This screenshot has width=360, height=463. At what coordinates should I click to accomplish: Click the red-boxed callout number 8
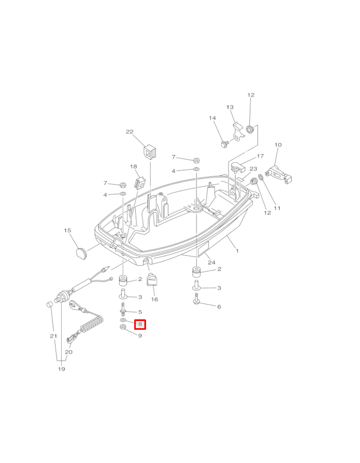140,325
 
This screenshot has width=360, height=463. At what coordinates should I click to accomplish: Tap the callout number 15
67,231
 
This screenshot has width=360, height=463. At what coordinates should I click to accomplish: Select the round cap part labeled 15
80,251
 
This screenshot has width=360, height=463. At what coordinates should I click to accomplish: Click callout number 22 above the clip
130,132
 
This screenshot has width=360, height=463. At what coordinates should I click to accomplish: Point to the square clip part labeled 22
149,152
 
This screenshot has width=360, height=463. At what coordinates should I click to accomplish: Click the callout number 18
134,167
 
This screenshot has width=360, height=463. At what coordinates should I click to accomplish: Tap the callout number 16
154,299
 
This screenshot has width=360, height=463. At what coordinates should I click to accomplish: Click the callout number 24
211,262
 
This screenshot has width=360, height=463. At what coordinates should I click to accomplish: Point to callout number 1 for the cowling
237,251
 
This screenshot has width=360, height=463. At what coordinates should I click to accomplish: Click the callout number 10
278,145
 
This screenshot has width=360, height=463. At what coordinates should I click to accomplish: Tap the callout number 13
230,107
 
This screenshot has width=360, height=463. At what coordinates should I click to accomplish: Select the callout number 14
212,118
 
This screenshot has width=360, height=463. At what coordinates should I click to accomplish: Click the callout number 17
260,156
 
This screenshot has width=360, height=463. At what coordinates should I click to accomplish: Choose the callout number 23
253,169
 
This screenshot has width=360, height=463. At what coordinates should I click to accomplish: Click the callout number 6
219,307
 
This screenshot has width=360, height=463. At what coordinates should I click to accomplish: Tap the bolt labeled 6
197,301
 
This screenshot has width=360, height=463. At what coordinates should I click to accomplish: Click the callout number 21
53,336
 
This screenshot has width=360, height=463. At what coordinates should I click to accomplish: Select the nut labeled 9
123,331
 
